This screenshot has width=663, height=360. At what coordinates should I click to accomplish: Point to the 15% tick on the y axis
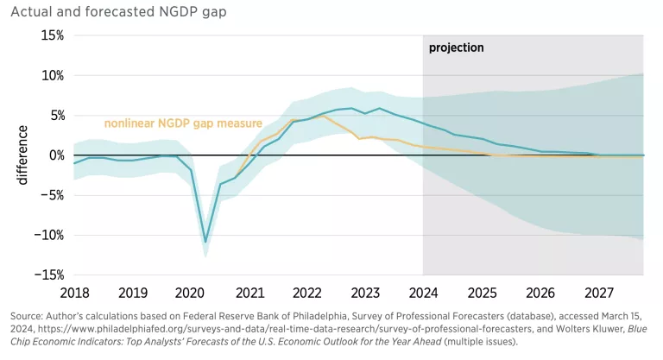click(52, 35)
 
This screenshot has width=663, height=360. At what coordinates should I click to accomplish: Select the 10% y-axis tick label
click(52, 75)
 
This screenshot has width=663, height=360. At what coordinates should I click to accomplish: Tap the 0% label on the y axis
click(55, 155)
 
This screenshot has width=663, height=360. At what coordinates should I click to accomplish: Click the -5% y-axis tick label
click(52, 195)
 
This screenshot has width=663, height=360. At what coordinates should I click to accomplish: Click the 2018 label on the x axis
click(74, 292)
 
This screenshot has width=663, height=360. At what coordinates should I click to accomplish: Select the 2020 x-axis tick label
click(190, 292)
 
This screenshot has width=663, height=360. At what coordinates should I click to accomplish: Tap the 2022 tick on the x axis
click(306, 292)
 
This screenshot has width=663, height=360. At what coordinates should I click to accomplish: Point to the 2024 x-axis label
click(423, 292)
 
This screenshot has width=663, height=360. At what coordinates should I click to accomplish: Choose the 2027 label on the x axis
click(597, 292)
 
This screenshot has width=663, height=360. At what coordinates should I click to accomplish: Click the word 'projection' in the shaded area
click(457, 47)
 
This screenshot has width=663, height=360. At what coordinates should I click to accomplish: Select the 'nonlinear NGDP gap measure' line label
click(183, 123)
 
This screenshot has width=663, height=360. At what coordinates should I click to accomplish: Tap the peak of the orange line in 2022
click(322, 116)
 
